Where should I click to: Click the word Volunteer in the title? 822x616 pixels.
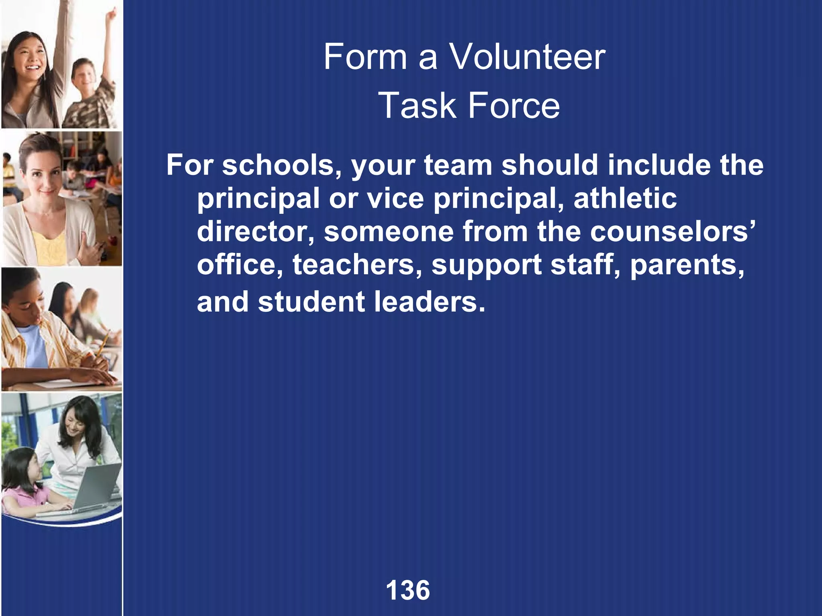[x=527, y=57]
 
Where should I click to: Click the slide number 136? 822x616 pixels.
[x=408, y=590]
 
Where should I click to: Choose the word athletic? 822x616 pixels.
[x=625, y=198]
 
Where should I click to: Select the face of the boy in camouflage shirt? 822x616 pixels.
[x=85, y=76]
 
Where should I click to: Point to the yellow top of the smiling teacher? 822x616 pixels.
[x=50, y=247]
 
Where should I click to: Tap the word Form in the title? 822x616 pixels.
[x=365, y=57]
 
